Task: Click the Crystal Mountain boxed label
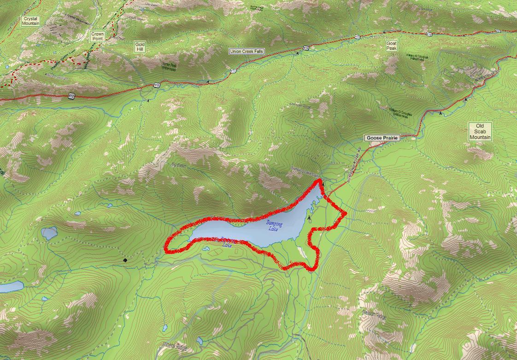[31, 21]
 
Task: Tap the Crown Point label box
[97, 36]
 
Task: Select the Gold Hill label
[140, 46]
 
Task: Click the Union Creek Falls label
[247, 51]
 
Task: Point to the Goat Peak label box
[391, 46]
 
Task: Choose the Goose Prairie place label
[382, 138]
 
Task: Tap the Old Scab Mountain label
[480, 132]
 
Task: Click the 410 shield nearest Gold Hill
[157, 85]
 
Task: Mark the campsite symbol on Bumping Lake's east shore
[309, 216]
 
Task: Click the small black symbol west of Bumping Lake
[125, 261]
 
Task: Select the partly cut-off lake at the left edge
[10, 286]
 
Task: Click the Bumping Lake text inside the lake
[275, 226]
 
